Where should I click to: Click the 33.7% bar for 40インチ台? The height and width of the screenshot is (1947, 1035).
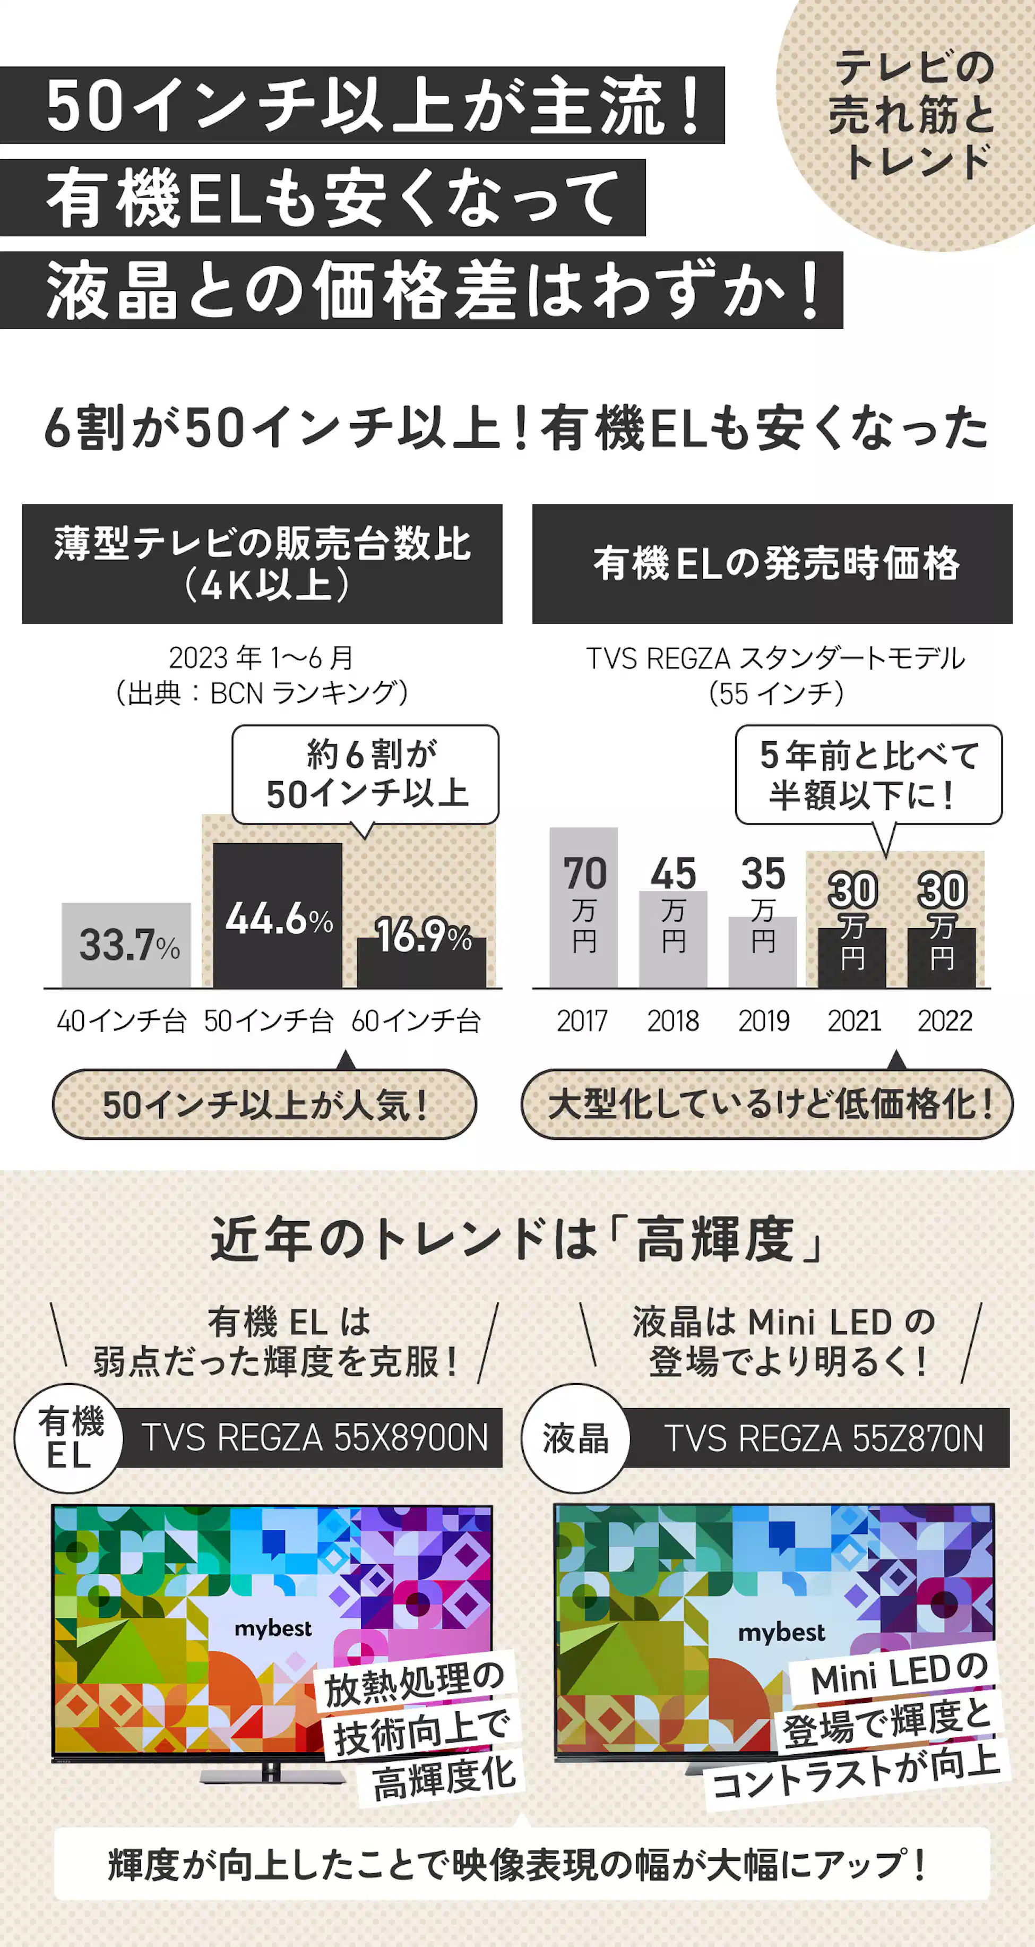[x=126, y=945]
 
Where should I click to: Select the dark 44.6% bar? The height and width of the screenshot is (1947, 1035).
[x=277, y=914]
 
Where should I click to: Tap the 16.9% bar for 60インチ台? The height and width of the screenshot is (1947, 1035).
[x=421, y=962]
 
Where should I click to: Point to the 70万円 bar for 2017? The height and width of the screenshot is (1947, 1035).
[x=583, y=907]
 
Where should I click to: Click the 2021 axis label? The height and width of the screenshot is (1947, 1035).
[x=853, y=1021]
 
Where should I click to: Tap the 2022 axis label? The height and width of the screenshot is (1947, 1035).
[x=944, y=1021]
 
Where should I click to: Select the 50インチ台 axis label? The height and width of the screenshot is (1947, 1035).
[x=268, y=1021]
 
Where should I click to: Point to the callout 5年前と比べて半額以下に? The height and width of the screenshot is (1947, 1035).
[x=869, y=774]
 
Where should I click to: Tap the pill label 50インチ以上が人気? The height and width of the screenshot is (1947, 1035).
[x=264, y=1104]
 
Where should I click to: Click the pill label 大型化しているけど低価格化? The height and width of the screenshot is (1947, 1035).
[x=767, y=1104]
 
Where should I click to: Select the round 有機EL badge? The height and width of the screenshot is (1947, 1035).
[x=69, y=1438]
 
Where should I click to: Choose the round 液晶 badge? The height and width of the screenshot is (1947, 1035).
[x=576, y=1438]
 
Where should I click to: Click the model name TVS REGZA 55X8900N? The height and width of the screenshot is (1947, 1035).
[x=314, y=1438]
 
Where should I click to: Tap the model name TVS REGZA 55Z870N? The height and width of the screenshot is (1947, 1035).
[x=823, y=1438]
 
